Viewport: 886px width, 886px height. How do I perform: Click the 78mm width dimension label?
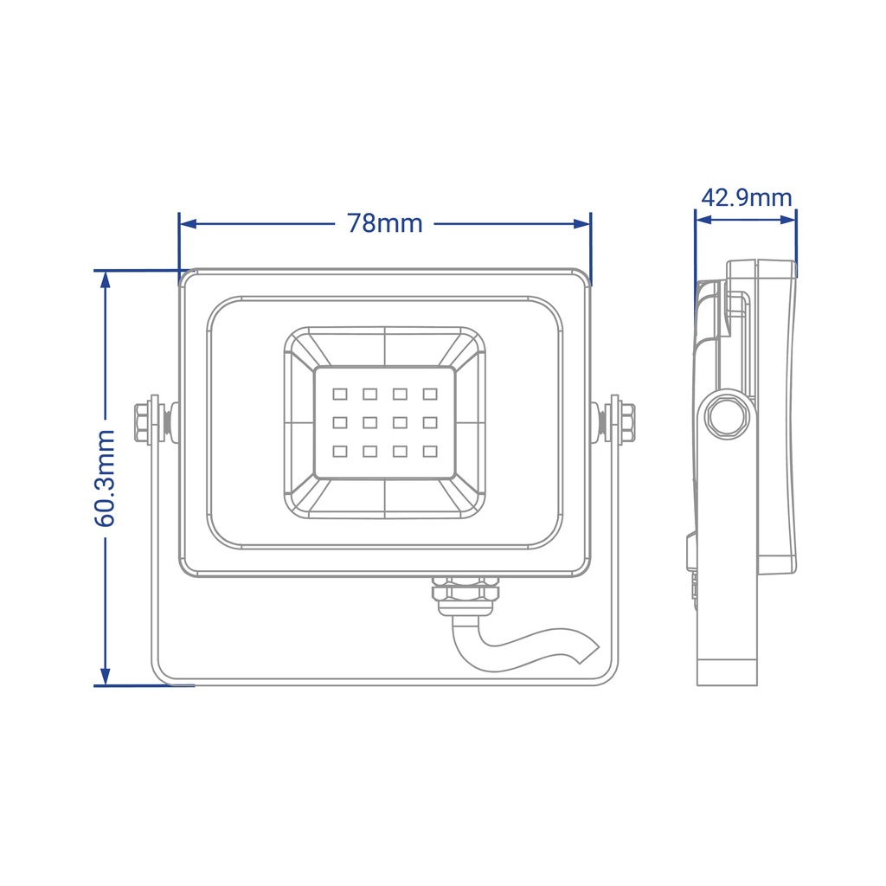(x=385, y=223)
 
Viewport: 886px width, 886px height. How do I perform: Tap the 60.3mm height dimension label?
(x=105, y=478)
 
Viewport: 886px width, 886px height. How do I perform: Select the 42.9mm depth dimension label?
(x=747, y=198)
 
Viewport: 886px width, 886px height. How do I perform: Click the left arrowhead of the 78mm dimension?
(x=188, y=224)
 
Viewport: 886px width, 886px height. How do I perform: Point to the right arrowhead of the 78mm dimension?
(x=582, y=224)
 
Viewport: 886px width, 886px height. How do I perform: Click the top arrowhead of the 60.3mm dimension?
(x=105, y=279)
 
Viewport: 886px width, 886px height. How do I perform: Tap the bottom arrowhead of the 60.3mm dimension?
(x=105, y=677)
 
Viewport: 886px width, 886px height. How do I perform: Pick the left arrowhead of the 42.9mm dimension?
(x=704, y=219)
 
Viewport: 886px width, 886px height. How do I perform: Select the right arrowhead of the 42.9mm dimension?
(x=787, y=219)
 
